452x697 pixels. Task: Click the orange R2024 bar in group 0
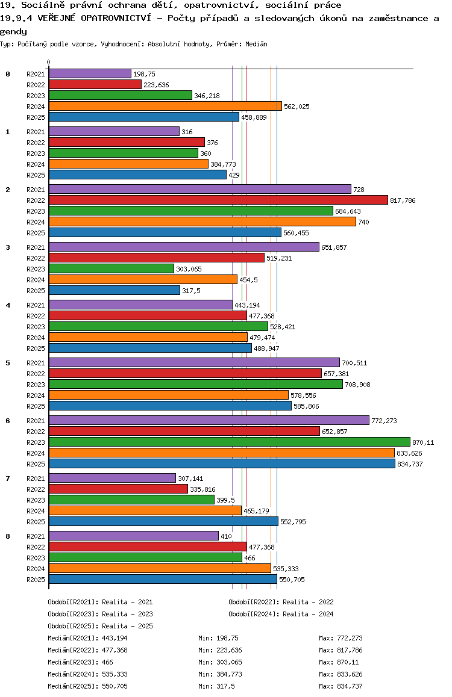pos(165,106)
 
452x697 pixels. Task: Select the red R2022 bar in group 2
pos(218,200)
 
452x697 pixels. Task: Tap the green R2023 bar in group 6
pos(229,442)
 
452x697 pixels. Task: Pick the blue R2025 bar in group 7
pos(163,521)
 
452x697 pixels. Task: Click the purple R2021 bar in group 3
pos(184,247)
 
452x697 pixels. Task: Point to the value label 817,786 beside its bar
pos(403,200)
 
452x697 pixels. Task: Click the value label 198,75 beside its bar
pos(145,74)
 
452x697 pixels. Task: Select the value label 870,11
pos(423,442)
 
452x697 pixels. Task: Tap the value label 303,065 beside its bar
pos(189,269)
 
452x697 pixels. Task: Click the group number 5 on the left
pos(8,363)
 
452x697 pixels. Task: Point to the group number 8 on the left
pos(8,536)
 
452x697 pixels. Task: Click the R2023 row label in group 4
pos(36,326)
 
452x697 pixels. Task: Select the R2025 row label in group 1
pos(36,175)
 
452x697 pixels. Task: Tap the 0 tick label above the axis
pos(49,62)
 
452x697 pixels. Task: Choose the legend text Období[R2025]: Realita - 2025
pos(100,626)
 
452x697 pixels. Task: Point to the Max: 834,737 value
pos(341,686)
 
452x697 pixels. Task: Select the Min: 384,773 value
pos(220,674)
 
